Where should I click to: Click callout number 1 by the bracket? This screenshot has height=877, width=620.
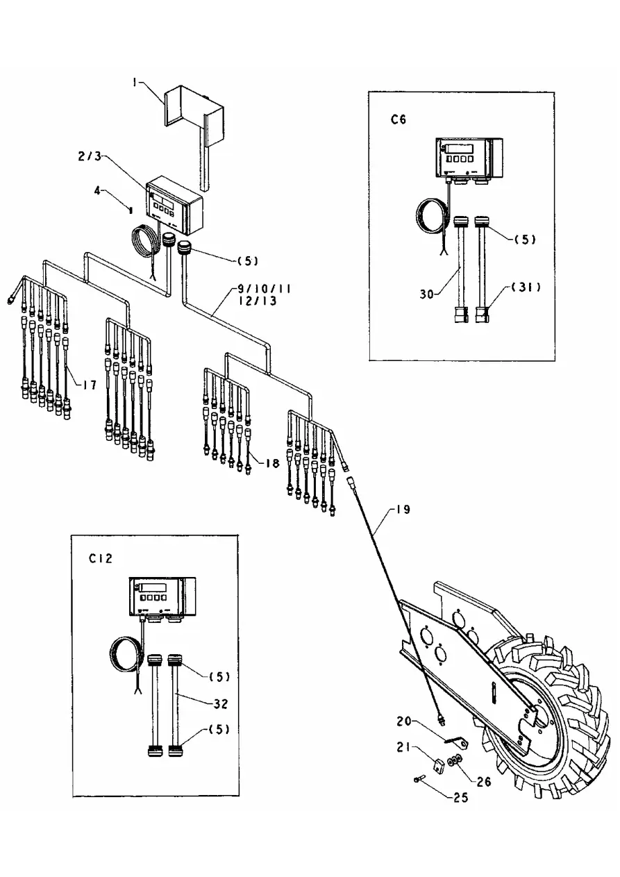(x=135, y=83)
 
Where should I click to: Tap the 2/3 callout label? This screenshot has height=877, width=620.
(x=90, y=156)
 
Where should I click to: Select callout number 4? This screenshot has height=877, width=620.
(x=97, y=191)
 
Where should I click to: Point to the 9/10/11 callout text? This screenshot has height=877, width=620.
(x=265, y=289)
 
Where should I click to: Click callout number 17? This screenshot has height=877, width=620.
(x=90, y=385)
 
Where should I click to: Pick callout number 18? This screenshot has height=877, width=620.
(x=272, y=463)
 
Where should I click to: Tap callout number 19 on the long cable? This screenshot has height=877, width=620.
(x=402, y=510)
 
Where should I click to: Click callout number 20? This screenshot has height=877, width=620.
(x=404, y=721)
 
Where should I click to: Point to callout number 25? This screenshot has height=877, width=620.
(x=460, y=798)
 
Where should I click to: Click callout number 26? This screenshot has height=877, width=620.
(x=484, y=781)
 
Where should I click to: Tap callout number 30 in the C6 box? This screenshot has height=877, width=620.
(x=427, y=294)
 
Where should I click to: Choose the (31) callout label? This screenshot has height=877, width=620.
(x=526, y=287)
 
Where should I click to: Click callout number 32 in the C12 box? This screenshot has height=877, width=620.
(x=221, y=703)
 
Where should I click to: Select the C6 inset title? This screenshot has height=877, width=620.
(x=399, y=119)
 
